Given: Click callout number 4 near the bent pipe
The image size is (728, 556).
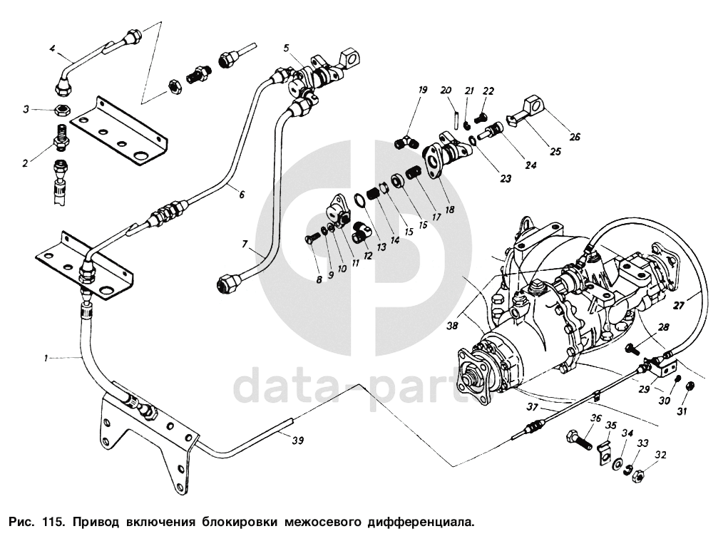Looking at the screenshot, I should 52,48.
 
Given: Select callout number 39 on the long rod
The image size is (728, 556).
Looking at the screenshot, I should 298,441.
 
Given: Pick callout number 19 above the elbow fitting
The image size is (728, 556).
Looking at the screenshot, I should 423,90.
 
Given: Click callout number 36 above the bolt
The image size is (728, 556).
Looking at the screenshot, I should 596,418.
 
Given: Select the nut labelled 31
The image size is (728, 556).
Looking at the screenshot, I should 689,386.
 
